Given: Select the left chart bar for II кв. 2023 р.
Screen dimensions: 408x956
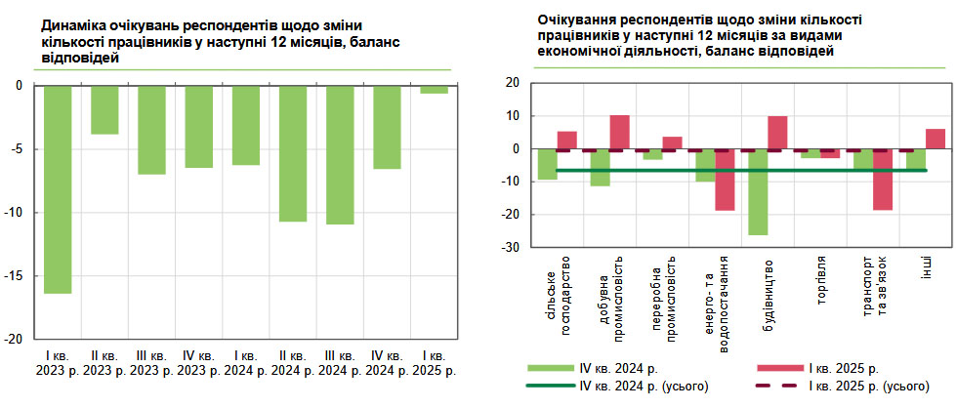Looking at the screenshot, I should coord(104,109).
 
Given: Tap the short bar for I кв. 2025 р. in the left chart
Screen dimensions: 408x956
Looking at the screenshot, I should coord(435,90).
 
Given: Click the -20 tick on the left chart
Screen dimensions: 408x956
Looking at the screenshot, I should coord(15,340).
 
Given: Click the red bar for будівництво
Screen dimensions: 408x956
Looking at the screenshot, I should coord(777,133).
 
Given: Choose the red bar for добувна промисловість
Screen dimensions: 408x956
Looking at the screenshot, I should coord(619,132).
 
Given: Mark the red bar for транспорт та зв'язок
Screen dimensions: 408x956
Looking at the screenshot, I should coord(883,180).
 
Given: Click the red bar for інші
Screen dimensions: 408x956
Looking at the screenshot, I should coord(935,139).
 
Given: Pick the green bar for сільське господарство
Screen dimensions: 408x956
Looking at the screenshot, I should coord(548,164).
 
